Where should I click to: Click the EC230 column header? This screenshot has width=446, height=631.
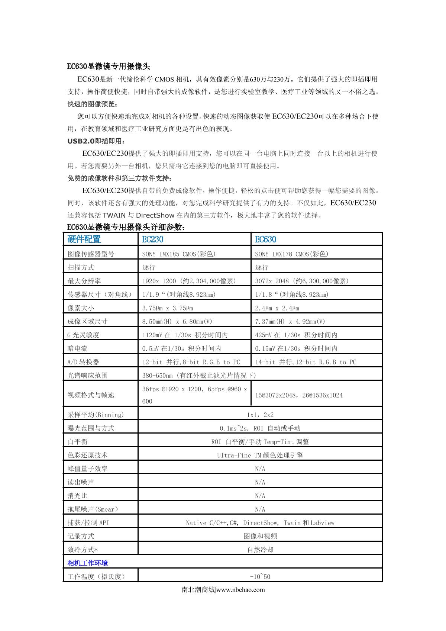153,239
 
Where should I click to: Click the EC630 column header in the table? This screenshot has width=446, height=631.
265,239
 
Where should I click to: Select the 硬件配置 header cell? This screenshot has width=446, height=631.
84,239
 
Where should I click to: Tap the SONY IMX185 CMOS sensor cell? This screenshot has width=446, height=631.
179,254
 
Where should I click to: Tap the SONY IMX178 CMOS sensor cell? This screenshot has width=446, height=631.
292,254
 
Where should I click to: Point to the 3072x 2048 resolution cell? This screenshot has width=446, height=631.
302,281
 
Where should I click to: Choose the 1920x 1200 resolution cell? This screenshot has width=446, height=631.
189,281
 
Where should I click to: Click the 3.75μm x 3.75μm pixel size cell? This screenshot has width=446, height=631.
168,308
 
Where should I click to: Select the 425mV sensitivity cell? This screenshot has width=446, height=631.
296,335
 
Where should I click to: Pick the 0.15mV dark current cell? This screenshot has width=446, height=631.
296,348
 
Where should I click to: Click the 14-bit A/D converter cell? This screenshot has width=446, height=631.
306,362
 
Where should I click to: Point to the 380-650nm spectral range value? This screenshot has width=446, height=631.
199,376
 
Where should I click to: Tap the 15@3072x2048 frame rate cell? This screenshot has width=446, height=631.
299,395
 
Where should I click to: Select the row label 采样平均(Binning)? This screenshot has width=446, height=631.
96,415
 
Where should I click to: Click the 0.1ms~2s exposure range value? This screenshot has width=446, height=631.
260,428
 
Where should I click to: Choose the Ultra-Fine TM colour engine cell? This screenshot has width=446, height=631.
260,455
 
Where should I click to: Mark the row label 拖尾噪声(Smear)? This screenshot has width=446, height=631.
93,509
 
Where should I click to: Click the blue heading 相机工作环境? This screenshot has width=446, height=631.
88,563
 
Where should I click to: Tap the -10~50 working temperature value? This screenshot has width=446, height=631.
260,577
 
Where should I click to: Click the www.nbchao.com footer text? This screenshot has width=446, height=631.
240,589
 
